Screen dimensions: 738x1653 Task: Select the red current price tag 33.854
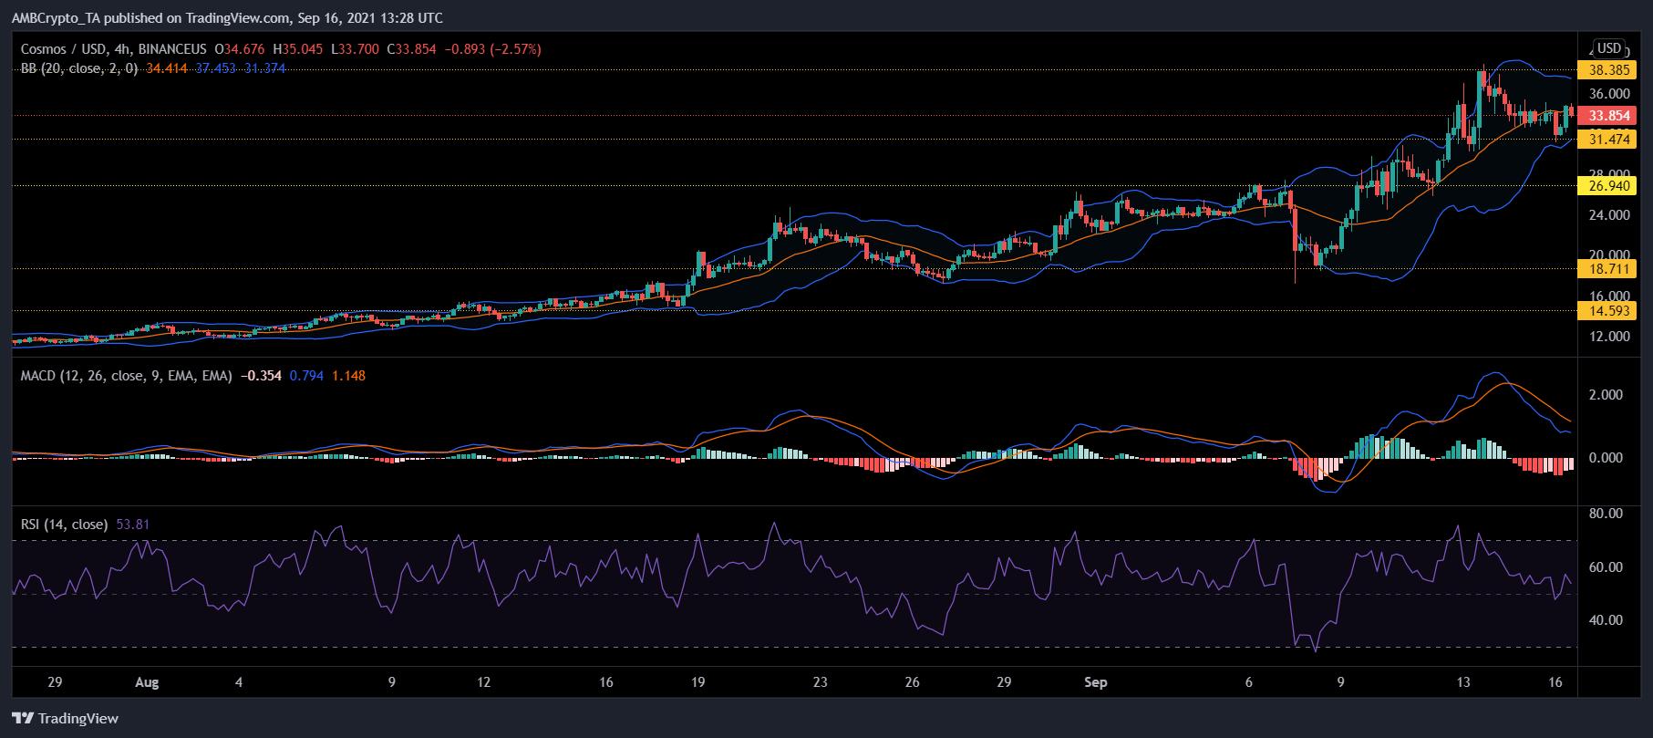[1609, 116]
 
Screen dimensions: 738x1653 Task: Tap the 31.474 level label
[1609, 140]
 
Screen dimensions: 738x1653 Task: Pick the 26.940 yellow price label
[1609, 186]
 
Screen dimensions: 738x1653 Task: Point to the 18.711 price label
[1609, 268]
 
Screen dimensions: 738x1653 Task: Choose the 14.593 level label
[1609, 311]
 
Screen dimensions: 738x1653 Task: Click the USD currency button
[1610, 48]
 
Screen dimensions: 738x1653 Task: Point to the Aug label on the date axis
[146, 682]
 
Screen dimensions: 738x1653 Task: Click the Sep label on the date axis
[1096, 682]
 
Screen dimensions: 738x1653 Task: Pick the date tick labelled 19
[698, 682]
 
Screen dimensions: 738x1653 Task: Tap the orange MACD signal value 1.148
[348, 375]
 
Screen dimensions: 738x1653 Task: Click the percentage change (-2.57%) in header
[514, 48]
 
